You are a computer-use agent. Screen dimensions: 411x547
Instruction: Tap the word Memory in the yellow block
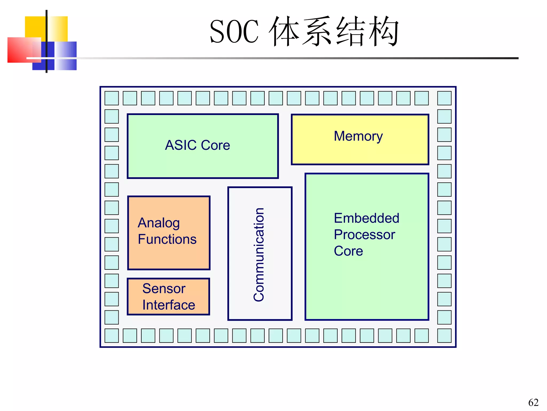coord(358,136)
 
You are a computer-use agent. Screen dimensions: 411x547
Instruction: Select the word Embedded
coord(366,218)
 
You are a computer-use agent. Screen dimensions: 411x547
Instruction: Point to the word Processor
coord(364,235)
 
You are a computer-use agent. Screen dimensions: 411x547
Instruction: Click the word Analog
coord(159,223)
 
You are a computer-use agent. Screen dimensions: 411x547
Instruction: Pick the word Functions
coord(167,239)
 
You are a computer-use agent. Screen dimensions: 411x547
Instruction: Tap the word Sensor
coord(164,288)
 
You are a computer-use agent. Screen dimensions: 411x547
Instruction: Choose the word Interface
coord(169,305)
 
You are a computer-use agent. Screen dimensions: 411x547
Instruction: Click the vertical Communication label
coord(259,254)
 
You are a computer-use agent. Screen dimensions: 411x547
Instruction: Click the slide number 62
coord(533,402)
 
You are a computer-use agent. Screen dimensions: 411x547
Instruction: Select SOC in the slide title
coord(234,32)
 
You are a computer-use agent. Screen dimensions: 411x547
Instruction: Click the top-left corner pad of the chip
coord(112,98)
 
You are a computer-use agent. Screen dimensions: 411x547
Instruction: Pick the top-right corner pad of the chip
coord(444,98)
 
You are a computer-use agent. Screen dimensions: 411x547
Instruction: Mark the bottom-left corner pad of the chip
coord(112,336)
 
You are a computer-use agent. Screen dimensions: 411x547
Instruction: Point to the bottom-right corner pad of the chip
coord(444,336)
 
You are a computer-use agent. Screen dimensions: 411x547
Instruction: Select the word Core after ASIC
coord(215,145)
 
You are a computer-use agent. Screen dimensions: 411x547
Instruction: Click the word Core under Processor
coord(348,251)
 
